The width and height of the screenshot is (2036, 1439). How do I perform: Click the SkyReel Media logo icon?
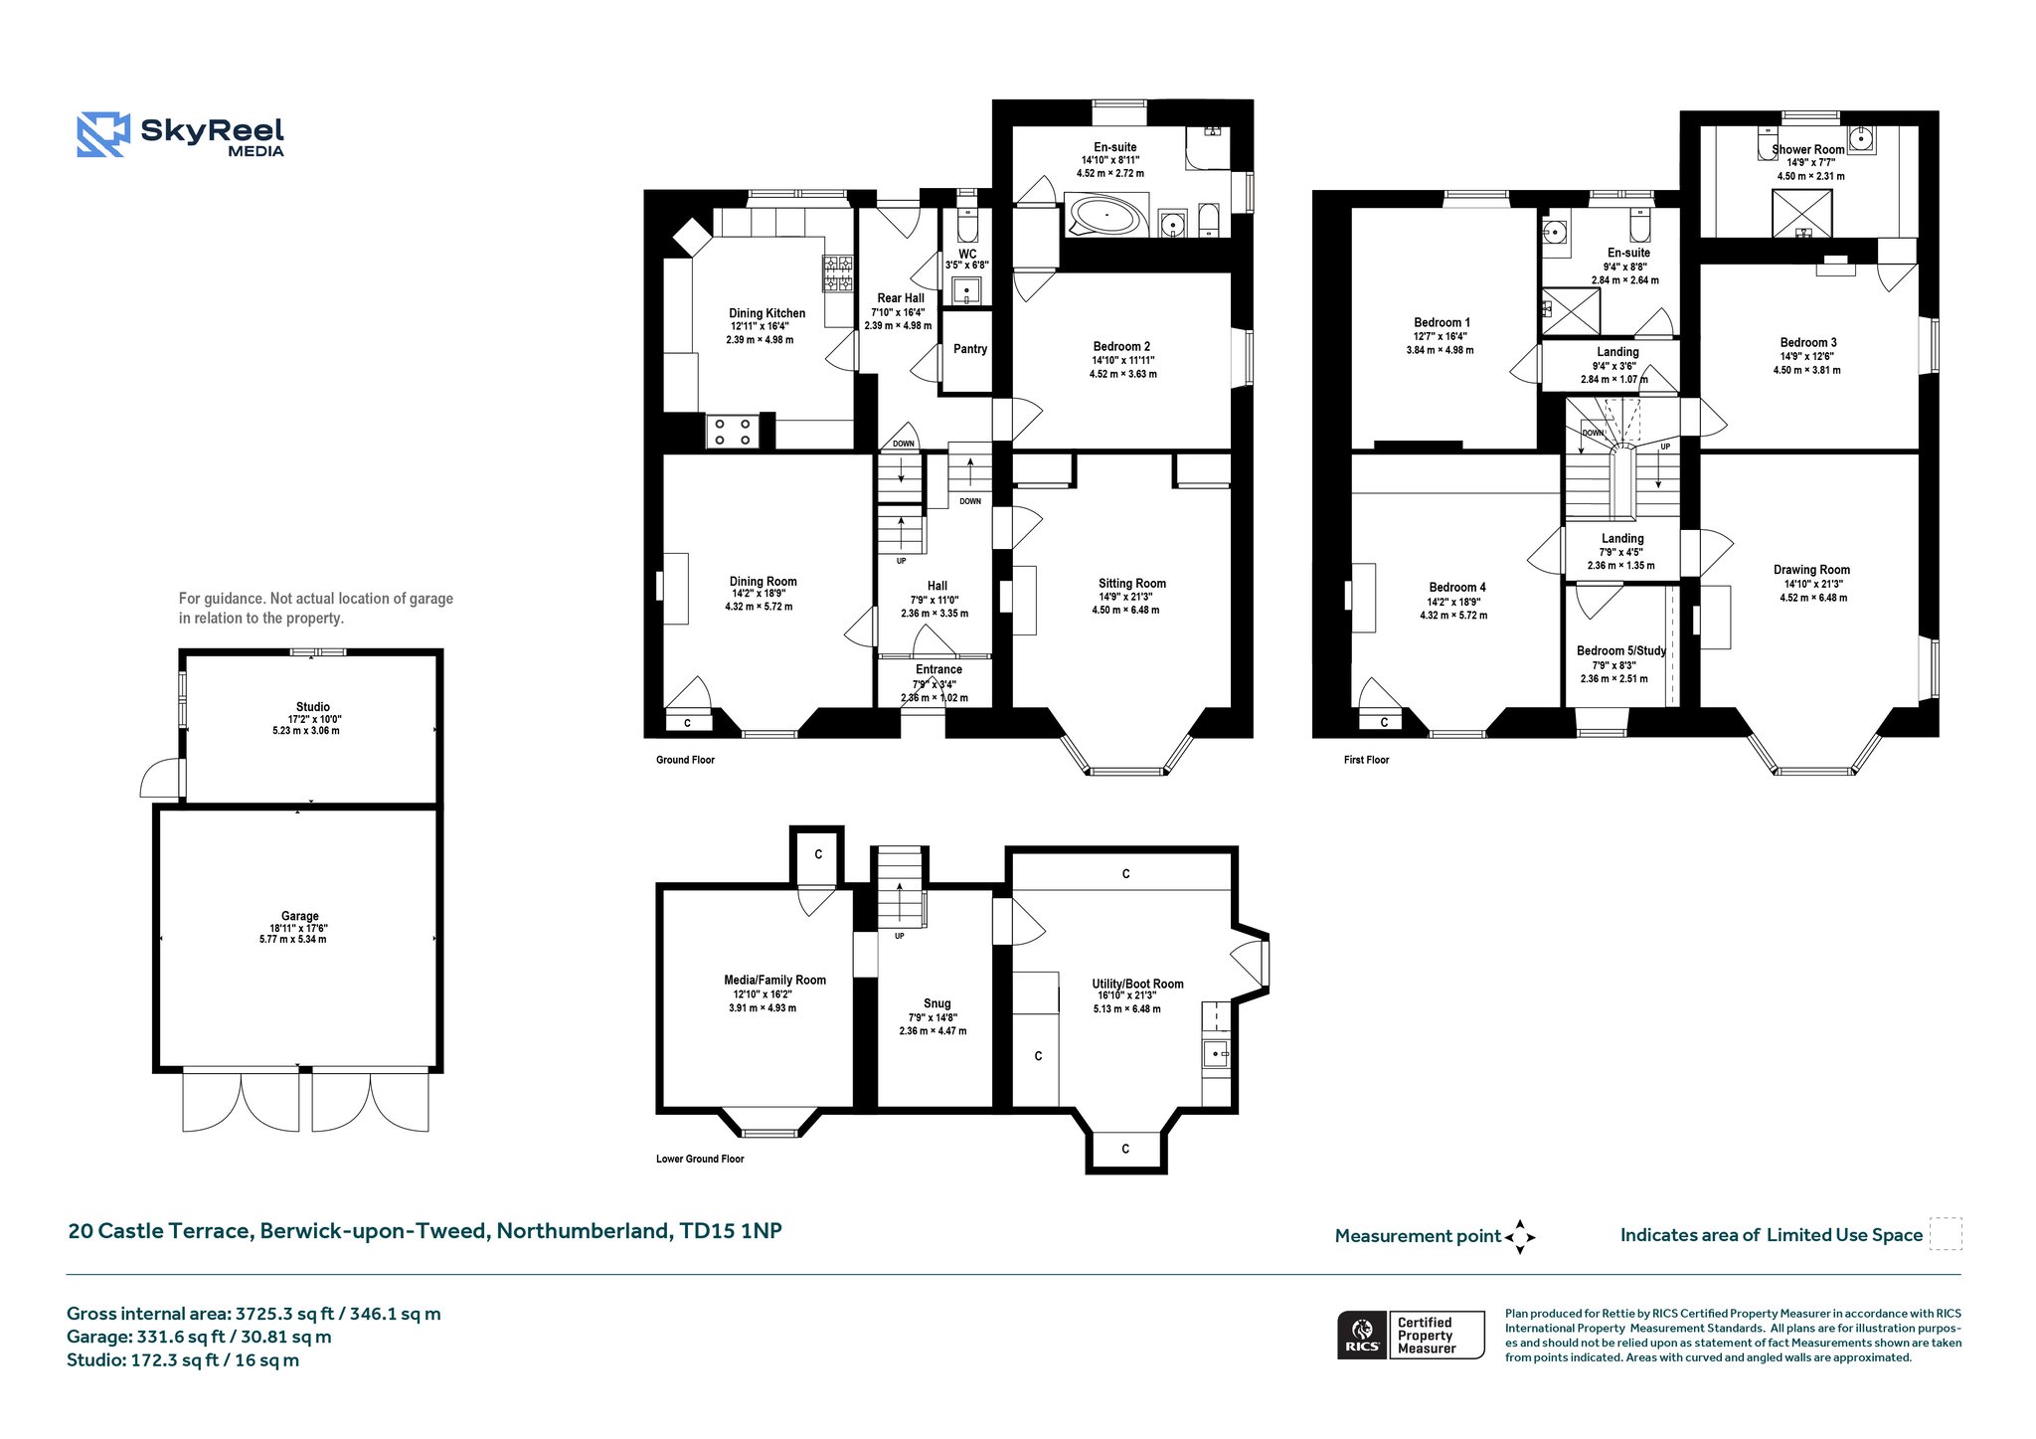(x=103, y=135)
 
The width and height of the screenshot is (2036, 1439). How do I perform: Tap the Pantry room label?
(x=970, y=349)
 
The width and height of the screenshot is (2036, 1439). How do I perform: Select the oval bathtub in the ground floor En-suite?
(x=1106, y=215)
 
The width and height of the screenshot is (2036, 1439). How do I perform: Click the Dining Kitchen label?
(x=767, y=313)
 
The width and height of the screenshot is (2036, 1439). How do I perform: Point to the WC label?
(x=967, y=254)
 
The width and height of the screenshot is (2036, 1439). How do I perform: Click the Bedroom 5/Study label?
(x=1621, y=651)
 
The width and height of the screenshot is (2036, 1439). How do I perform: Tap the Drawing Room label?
(x=1811, y=571)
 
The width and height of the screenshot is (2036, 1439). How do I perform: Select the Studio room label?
(x=313, y=707)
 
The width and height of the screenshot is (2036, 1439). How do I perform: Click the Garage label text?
(x=299, y=916)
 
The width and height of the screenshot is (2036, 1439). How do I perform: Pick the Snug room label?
(x=936, y=1003)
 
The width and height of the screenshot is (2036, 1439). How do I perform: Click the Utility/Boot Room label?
(x=1137, y=985)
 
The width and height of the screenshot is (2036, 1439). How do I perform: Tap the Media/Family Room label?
(x=774, y=981)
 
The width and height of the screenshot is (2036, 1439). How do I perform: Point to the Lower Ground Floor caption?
(x=700, y=1159)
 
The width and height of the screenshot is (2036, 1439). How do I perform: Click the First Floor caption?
(x=1366, y=760)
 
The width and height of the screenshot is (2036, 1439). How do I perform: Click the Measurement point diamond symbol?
(x=1520, y=1237)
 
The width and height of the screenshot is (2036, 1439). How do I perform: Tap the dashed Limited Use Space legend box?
(x=1946, y=1234)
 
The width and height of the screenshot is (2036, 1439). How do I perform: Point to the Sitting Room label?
(x=1132, y=584)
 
